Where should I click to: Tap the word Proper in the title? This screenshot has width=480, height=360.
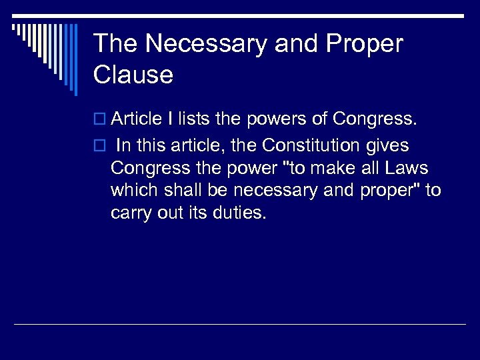[365, 44]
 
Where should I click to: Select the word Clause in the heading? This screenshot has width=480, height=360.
[133, 75]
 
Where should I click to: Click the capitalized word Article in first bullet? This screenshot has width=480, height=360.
[137, 119]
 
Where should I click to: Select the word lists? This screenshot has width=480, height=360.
[194, 119]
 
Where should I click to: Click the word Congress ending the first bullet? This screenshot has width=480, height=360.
[375, 119]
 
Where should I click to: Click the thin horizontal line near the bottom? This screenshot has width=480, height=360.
[240, 325]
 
